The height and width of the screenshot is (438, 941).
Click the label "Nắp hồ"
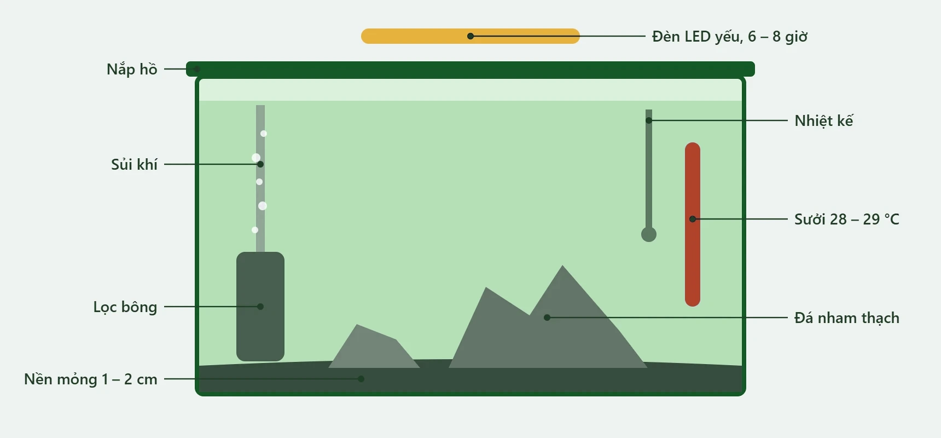pos(132,70)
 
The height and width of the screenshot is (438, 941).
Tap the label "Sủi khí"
pos(134,164)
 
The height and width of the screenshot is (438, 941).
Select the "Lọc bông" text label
pos(125,307)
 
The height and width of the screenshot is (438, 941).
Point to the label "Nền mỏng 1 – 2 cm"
pos(91,379)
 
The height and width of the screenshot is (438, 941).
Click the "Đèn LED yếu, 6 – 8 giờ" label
pos(730,37)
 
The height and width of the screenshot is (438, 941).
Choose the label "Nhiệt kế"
pos(824,120)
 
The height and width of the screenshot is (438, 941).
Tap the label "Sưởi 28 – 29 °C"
pos(847,219)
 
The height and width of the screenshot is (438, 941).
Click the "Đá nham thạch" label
pos(847,318)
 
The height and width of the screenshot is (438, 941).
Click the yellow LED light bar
pos(471,36)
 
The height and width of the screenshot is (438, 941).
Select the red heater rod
pos(693,224)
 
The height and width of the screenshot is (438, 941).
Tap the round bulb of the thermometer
pos(649,234)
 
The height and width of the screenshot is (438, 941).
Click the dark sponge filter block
pos(260,307)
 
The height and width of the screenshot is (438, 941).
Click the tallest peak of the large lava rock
pos(562,266)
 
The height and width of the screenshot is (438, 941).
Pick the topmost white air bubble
pos(264,134)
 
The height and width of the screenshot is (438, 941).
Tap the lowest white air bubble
pos(255,230)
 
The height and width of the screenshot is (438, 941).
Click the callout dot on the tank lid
pos(197,69)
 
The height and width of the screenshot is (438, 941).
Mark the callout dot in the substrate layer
pos(361,379)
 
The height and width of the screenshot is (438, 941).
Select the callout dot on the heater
pos(693,219)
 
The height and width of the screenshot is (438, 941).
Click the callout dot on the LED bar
pos(471,36)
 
